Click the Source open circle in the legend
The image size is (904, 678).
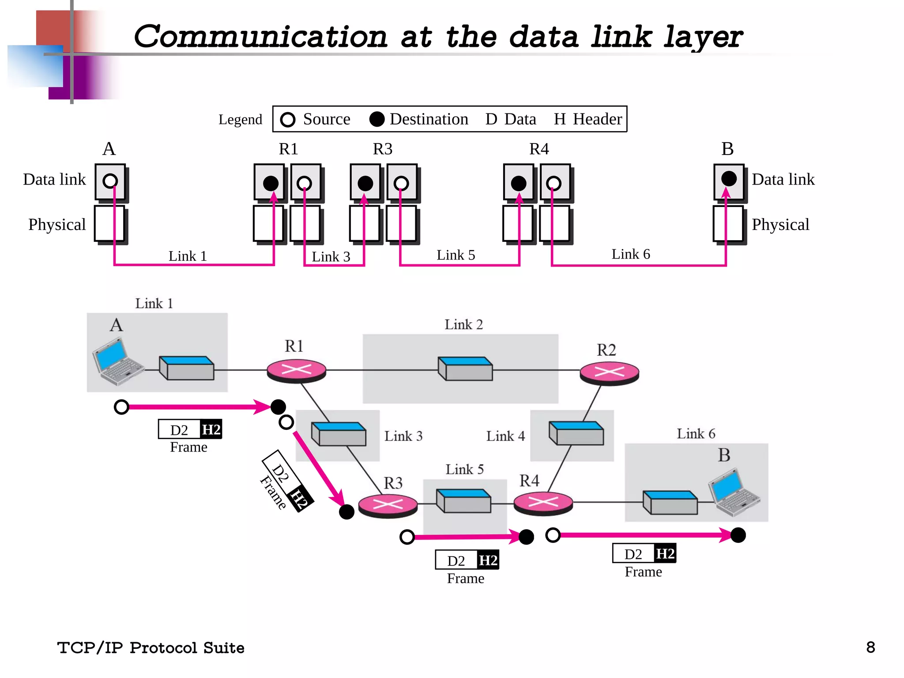288,120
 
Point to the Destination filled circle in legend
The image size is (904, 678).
377,119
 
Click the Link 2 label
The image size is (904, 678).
463,325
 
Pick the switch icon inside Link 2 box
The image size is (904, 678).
465,369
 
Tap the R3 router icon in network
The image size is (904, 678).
388,505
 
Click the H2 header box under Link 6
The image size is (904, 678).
665,554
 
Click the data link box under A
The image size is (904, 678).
110,181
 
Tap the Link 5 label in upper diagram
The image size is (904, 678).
456,255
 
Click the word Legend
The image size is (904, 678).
240,120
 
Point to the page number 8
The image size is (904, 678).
870,648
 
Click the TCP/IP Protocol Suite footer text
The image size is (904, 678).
151,648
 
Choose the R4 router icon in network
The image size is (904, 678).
543,503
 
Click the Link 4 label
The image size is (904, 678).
505,436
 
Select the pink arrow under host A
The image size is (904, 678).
194,407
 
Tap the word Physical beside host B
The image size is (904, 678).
780,225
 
